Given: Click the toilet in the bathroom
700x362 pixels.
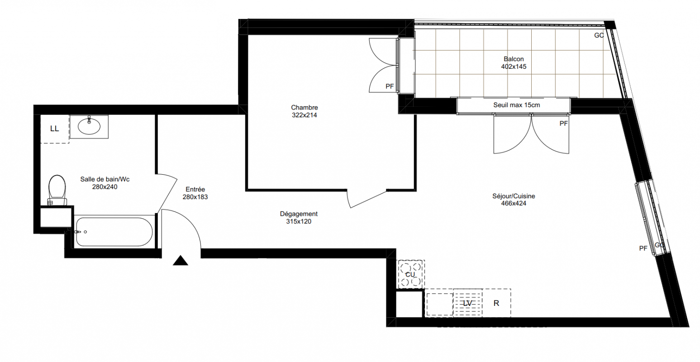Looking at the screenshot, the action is [x=57, y=190].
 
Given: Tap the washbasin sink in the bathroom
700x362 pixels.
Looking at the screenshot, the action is [x=89, y=126].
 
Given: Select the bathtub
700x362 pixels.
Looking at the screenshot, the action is [x=114, y=232].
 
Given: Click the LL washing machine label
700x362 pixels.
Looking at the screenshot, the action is [x=54, y=129].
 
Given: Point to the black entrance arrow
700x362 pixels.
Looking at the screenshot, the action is [x=181, y=260].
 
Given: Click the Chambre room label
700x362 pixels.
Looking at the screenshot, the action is [x=305, y=108].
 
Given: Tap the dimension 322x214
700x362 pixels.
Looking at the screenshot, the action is [x=305, y=115].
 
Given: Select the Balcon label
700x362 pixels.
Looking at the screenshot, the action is [x=514, y=59].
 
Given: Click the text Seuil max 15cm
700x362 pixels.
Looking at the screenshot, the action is [x=517, y=105].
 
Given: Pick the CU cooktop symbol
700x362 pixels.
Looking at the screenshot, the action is [x=410, y=274].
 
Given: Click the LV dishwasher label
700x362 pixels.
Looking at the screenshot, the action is [x=467, y=303].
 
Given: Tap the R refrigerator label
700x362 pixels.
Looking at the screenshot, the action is [x=496, y=303].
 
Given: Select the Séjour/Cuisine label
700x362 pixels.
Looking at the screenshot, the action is [x=514, y=196].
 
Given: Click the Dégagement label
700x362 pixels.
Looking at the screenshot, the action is [x=299, y=214].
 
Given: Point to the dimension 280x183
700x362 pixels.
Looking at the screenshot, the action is [x=195, y=197].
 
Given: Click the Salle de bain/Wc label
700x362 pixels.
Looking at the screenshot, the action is [x=105, y=179].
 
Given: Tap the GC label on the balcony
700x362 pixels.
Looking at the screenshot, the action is [x=599, y=35].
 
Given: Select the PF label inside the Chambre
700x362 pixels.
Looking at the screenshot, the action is [x=390, y=86].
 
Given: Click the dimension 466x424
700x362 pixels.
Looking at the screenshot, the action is [x=514, y=204].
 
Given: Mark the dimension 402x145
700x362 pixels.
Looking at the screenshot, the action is [x=514, y=67].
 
